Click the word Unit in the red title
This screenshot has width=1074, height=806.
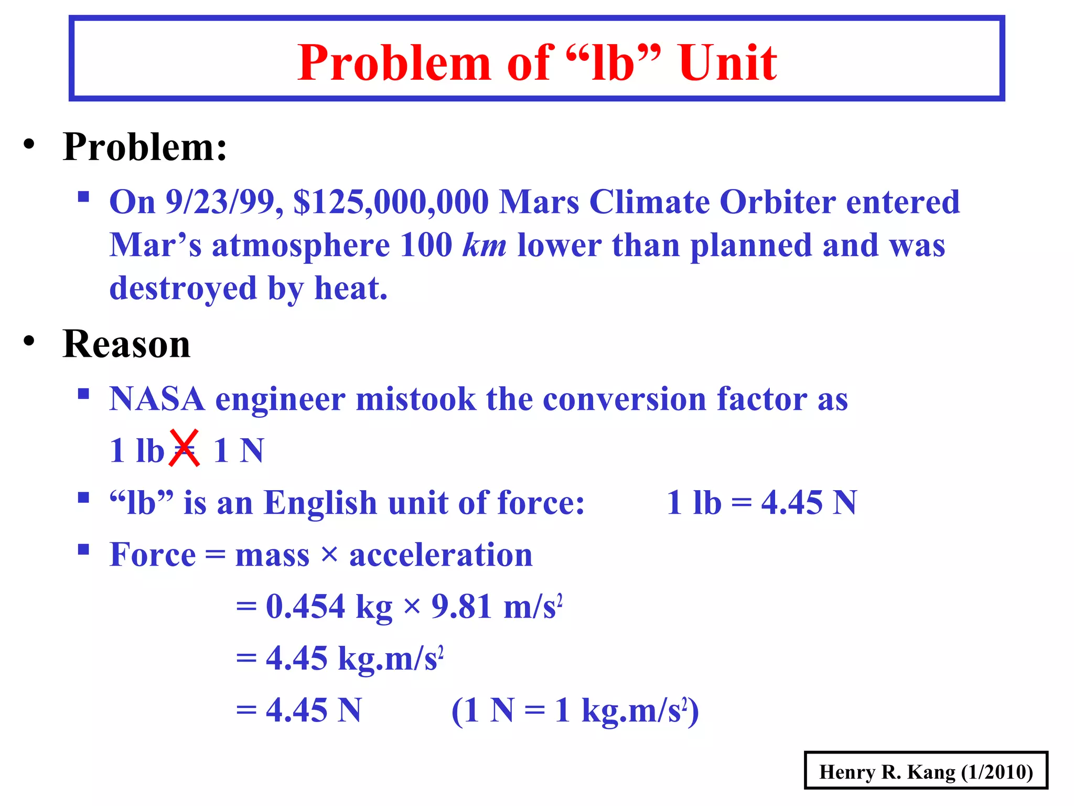point(727,63)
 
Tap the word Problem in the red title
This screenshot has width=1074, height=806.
point(394,63)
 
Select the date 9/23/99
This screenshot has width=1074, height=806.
point(224,202)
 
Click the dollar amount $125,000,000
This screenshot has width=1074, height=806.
point(391,202)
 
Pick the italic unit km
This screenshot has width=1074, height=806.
point(484,245)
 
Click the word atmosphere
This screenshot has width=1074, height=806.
point(300,245)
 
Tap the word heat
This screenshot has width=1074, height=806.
point(350,288)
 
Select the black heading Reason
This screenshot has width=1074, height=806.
point(126,344)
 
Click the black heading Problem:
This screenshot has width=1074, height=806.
point(145,147)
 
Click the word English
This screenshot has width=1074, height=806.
point(319,503)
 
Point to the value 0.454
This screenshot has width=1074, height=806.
point(305,607)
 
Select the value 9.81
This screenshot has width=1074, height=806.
point(462,607)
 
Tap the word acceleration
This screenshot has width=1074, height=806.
point(441,555)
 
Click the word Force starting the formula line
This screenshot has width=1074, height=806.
point(153,555)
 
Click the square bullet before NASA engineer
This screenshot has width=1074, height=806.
point(83,394)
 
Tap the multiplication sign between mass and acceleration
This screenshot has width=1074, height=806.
point(329,554)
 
